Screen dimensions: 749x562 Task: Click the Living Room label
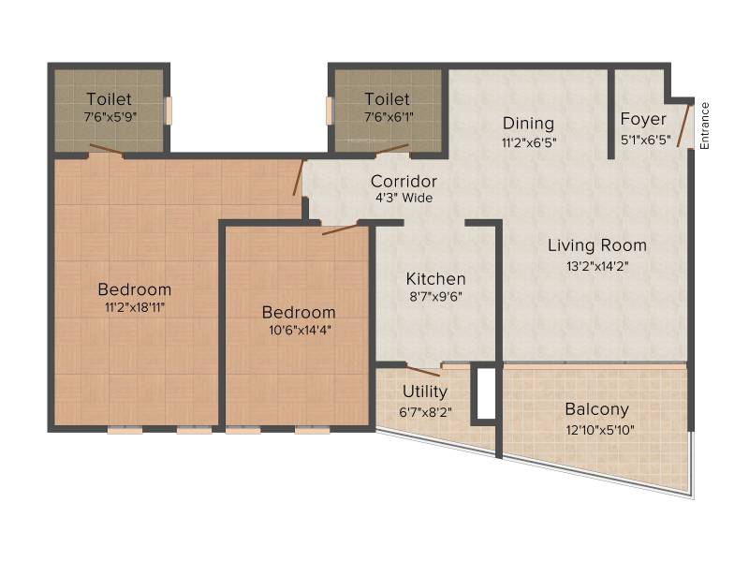tap(597, 245)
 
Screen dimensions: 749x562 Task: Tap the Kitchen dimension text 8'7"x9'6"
tap(435, 296)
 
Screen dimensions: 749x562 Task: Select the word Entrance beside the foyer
tap(705, 126)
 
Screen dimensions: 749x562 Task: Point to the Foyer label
tap(643, 119)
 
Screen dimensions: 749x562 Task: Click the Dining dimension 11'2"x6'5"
tap(529, 142)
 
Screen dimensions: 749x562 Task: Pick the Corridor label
tap(404, 181)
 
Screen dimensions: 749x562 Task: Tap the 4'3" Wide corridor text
tap(404, 198)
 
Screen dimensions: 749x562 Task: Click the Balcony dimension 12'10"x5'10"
tap(600, 430)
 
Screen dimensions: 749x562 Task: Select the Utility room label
tap(425, 392)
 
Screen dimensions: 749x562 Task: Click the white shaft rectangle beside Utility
tap(486, 393)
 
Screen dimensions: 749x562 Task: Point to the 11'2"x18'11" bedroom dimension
tap(135, 307)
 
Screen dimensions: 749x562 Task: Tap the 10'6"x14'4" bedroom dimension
tap(300, 330)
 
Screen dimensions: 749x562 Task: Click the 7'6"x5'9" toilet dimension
tap(110, 116)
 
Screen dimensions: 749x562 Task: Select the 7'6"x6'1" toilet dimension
tap(389, 116)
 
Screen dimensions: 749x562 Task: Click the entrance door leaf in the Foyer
tap(683, 126)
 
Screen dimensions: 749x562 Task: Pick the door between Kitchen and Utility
tap(423, 371)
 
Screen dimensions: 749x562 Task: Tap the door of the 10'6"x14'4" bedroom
tap(340, 229)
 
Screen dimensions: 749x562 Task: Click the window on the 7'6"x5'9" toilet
tap(169, 111)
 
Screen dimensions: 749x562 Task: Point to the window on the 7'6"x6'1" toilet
tap(330, 111)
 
